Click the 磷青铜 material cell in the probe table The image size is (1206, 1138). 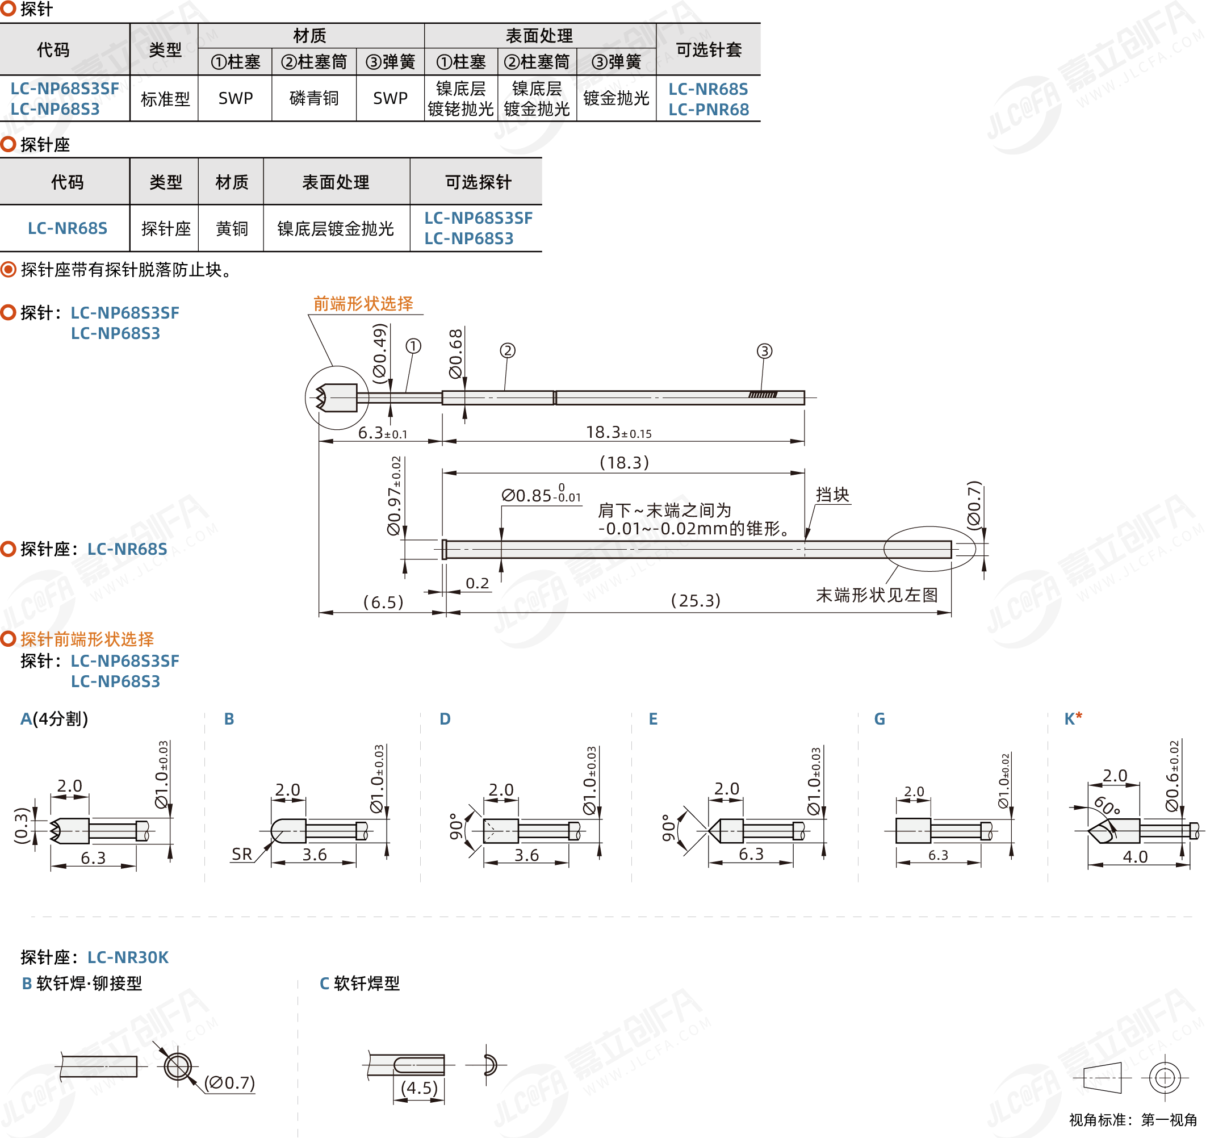point(313,98)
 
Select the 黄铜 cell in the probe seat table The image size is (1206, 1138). point(232,229)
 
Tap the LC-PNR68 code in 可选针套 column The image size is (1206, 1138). point(708,110)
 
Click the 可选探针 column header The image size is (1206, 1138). point(478,182)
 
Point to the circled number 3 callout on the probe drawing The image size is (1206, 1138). point(764,352)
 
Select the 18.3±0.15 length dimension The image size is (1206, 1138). point(618,433)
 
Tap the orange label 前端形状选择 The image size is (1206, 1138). point(363,304)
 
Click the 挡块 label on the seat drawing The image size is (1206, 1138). point(832,495)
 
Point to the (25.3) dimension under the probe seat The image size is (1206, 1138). point(695,601)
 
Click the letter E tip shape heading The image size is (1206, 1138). point(653,719)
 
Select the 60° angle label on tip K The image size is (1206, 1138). point(1107,806)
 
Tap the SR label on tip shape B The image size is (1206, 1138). point(241,854)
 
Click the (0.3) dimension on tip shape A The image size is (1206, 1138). point(22,826)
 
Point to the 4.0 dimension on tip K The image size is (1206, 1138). point(1134,856)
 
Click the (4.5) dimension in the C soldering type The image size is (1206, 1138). point(419,1087)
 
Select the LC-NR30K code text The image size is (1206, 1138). point(128,957)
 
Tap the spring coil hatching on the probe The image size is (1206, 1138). point(763,395)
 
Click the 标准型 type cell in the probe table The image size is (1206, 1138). point(165,98)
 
